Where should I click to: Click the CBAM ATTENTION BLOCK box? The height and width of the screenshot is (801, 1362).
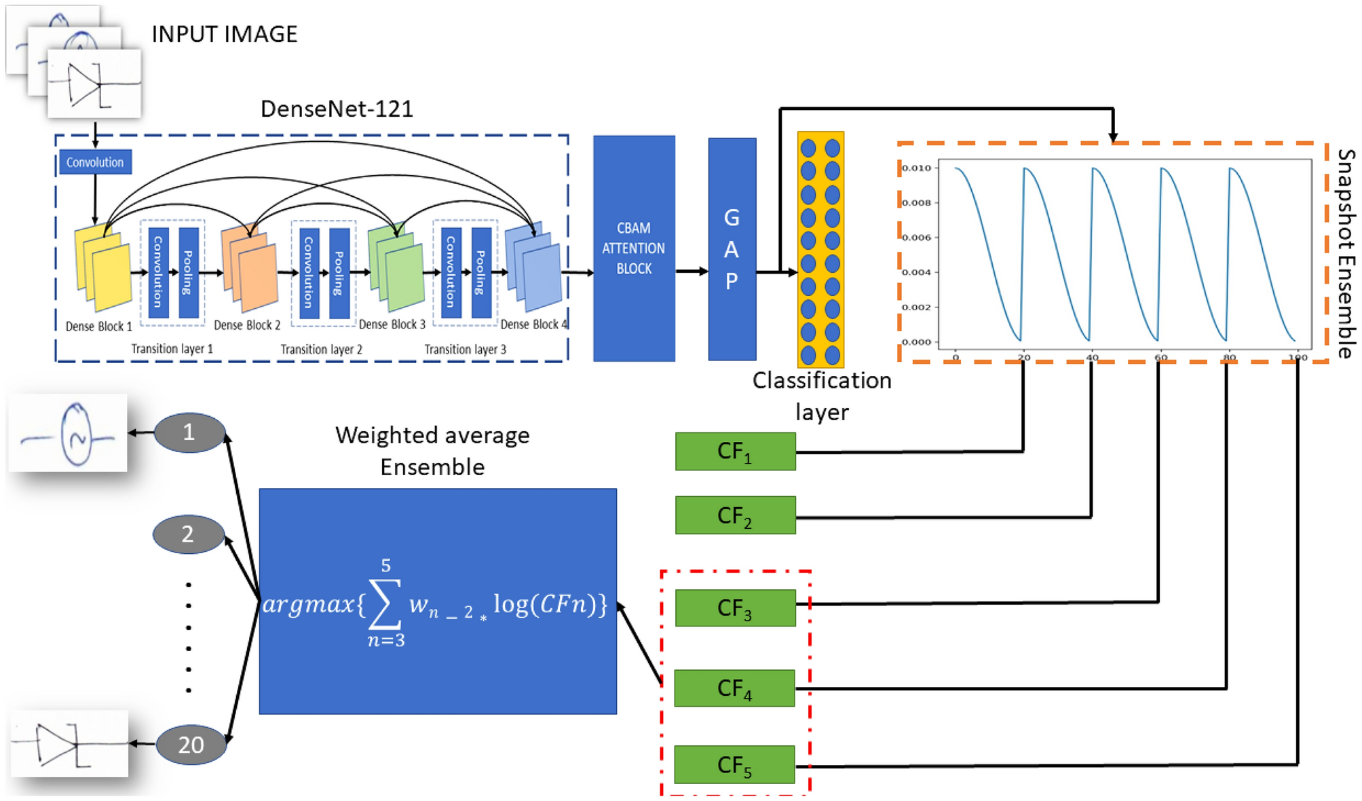(x=633, y=248)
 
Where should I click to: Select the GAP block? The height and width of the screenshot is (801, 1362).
(x=731, y=248)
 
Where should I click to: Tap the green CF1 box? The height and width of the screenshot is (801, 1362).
(x=735, y=451)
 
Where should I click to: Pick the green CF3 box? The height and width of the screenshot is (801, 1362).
(x=735, y=608)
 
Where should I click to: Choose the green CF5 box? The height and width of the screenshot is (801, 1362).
(x=734, y=764)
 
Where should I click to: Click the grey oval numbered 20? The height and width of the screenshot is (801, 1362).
(x=191, y=745)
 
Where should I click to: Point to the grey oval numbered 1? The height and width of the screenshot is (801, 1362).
(x=189, y=432)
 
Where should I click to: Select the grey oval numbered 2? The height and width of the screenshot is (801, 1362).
(x=188, y=534)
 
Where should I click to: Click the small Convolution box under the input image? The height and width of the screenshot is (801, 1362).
(x=95, y=162)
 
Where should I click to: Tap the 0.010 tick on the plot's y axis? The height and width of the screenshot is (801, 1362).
(x=916, y=168)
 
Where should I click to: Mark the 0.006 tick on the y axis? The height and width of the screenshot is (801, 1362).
(x=916, y=238)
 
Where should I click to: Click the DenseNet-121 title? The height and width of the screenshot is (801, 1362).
(x=337, y=109)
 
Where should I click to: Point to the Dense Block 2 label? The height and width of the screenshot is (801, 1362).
(x=247, y=326)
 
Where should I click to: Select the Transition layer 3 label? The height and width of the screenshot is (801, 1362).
(x=465, y=350)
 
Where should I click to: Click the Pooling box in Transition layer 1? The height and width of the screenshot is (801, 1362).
(x=188, y=272)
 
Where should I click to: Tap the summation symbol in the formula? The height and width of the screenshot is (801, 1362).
(x=383, y=603)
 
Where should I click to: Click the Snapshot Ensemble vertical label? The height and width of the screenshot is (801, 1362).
(x=1345, y=253)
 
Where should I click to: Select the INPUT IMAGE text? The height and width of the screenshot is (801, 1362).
(x=224, y=34)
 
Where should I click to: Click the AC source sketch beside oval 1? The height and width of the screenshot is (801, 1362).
(x=68, y=433)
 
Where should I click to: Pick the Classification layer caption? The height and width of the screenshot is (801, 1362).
(x=821, y=396)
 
